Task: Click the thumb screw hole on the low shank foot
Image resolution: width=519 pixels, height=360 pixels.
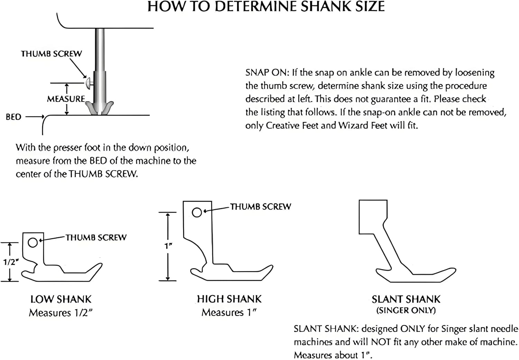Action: pos(33,243)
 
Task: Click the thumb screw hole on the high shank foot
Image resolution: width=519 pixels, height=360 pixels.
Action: pos(197,212)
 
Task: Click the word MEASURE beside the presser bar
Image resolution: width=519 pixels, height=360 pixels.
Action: pos(66,99)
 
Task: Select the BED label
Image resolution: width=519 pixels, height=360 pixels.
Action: pos(13,117)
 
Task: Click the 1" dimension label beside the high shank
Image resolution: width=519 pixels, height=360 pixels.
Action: pos(169,246)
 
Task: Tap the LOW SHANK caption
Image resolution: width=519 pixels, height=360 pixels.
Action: pos(61,299)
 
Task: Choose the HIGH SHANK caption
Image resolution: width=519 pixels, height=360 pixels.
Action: pos(229,299)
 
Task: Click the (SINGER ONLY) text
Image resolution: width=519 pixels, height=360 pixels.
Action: pos(406,310)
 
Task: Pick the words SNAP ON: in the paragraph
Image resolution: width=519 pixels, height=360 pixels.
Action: pos(267,73)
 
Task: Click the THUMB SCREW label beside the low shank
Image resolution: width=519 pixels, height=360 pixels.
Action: pos(96,238)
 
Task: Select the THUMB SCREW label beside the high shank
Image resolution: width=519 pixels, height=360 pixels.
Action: pos(261,207)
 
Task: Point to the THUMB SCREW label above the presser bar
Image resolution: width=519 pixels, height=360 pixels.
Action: pos(52,54)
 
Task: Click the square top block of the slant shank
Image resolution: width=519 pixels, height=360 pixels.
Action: pos(373,217)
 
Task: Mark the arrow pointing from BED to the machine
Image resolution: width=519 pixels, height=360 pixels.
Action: pos(35,117)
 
